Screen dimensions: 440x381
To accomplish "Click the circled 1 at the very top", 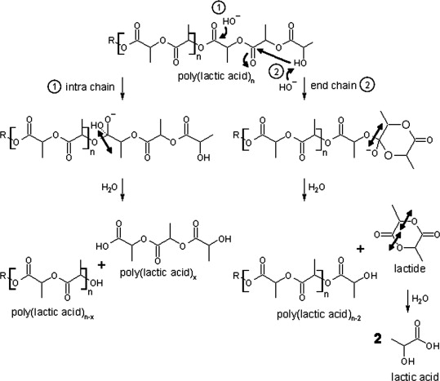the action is coord(218,8).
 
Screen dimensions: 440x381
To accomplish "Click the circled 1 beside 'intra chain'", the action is coord(54,87).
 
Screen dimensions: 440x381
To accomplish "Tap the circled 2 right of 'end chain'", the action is coord(367,86).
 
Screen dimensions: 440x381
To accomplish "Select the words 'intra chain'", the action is coord(90,87).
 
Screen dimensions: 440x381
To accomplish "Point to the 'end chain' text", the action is coord(333,86).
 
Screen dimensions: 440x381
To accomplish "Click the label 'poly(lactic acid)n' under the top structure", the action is coord(216,77).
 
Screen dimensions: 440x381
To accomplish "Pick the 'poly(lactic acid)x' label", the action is coord(158,273).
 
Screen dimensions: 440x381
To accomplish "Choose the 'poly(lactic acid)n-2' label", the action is coord(319,315).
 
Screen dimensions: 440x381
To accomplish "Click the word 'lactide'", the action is coord(410,268).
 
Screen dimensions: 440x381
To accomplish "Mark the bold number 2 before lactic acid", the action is coord(378,339).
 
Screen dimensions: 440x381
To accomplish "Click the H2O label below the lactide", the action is coord(420,299).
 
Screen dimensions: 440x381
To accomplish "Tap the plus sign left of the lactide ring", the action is coord(360,248).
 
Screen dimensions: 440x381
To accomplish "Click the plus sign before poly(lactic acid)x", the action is coord(101,264).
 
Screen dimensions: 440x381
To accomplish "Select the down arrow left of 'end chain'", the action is coord(304,90).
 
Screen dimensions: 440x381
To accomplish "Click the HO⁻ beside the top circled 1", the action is coord(232,20).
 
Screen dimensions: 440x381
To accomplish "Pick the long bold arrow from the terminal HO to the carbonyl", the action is coord(274,55).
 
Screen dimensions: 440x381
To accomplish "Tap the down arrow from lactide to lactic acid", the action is coord(407,301).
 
